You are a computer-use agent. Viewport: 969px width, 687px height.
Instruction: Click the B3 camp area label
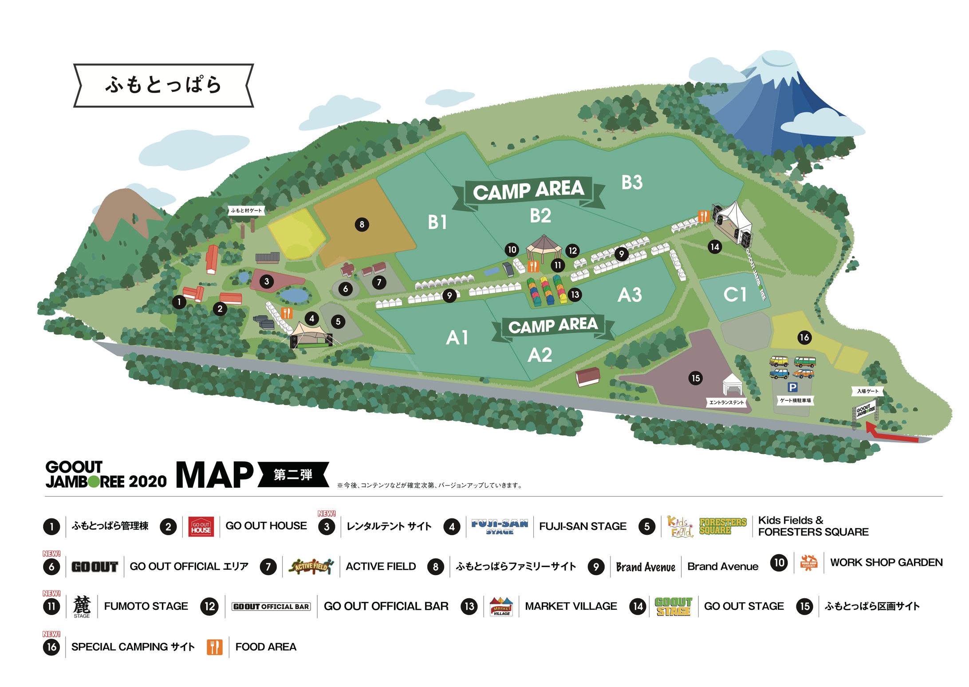(x=632, y=182)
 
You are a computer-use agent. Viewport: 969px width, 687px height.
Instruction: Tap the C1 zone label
(x=735, y=294)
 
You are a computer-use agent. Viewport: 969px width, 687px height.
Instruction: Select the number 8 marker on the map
(x=362, y=225)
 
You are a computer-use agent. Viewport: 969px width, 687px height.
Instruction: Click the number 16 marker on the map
(x=804, y=337)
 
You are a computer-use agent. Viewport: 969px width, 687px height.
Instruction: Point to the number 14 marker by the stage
(x=714, y=247)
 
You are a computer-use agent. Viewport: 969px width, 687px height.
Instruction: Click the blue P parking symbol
(x=792, y=387)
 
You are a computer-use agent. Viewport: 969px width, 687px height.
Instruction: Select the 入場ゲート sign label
(x=867, y=391)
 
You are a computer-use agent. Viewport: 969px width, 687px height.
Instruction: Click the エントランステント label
(x=726, y=402)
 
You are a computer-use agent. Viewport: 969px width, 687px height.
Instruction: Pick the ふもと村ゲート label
(x=246, y=210)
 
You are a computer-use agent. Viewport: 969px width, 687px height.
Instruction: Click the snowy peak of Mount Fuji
(x=774, y=67)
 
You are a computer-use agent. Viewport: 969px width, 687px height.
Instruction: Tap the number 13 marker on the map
(x=575, y=295)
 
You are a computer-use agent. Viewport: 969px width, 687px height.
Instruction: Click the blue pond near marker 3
(x=293, y=295)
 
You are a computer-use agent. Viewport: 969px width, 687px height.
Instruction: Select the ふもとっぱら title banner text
(x=163, y=85)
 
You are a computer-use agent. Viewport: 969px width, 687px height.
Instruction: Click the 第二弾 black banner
(x=293, y=475)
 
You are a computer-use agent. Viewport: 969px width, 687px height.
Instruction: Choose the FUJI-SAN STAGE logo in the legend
(x=500, y=526)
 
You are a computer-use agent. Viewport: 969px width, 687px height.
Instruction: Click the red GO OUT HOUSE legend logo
(x=201, y=527)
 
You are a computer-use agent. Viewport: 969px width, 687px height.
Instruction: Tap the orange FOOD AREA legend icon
(x=214, y=647)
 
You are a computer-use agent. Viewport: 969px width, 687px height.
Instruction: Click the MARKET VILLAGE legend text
(x=571, y=606)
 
